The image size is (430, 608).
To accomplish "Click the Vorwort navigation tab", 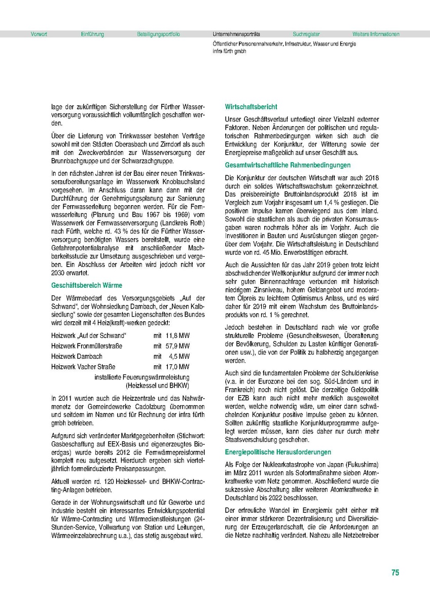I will [39, 34].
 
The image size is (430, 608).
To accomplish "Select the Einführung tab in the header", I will [92, 34].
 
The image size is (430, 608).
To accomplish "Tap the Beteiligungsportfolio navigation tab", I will [158, 34].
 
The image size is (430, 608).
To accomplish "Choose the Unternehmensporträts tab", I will [236, 34].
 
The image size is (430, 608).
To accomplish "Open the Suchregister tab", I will [306, 34].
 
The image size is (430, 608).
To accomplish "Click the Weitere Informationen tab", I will [376, 34].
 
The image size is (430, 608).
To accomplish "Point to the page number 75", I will [395, 573].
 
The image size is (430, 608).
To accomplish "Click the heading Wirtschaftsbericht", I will [251, 107].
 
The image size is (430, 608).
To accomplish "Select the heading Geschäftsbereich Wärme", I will [87, 285].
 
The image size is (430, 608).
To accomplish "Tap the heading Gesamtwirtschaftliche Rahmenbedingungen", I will [288, 165].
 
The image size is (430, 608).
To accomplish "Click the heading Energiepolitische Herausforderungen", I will [278, 451].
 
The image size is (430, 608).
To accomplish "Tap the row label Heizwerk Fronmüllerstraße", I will [87, 346].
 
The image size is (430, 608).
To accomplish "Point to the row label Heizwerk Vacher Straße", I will [83, 367].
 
